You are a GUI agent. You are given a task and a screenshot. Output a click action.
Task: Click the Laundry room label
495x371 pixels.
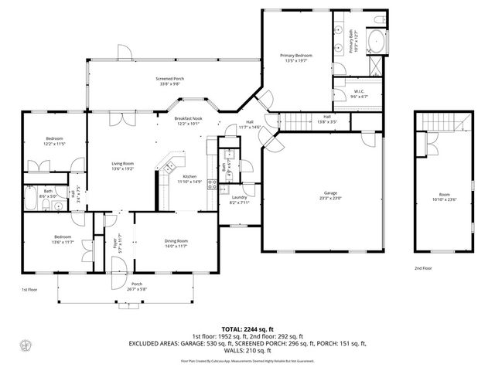(x=239, y=199)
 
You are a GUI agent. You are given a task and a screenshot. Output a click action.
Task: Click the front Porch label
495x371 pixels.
(x=136, y=286)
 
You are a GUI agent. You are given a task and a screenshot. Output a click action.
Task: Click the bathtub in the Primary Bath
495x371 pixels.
(x=378, y=42)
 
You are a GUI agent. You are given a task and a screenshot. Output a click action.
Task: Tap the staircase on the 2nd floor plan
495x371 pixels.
(x=445, y=122)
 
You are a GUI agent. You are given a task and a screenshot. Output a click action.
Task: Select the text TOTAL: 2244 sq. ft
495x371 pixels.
(x=247, y=328)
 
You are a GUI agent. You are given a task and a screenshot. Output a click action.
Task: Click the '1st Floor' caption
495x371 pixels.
(x=30, y=289)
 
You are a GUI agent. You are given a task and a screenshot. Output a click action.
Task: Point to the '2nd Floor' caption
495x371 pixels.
(x=423, y=268)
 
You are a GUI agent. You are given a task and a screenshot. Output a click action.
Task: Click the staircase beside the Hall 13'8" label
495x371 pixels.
(x=293, y=122)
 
